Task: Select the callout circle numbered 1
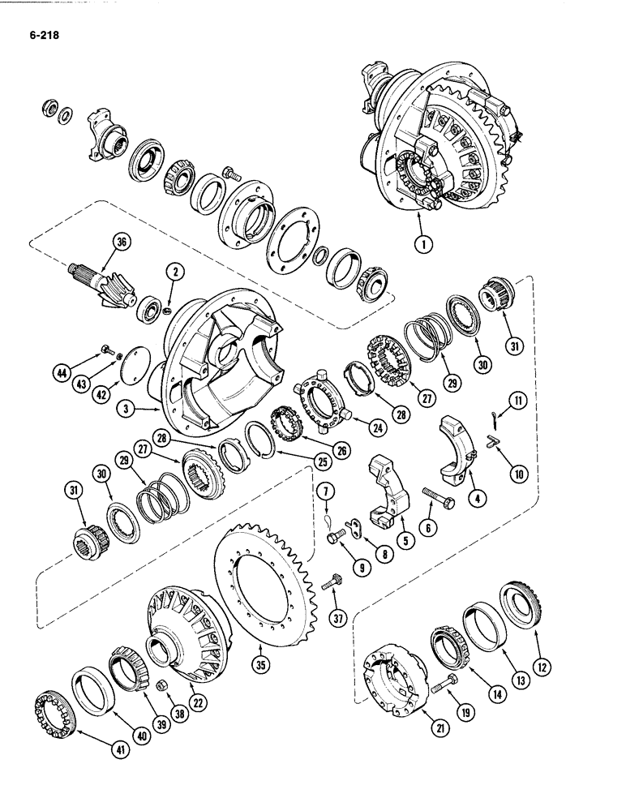(x=419, y=241)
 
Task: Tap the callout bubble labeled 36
(x=122, y=241)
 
